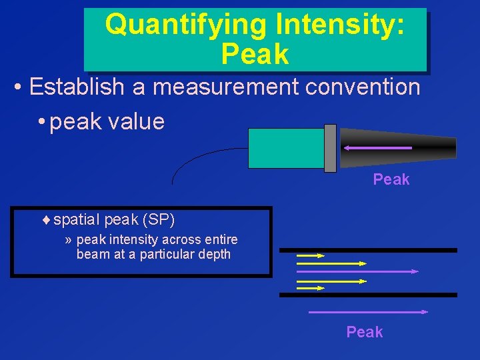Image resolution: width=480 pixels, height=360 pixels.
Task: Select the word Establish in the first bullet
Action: point(77,87)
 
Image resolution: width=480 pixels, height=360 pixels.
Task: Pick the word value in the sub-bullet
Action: point(139,121)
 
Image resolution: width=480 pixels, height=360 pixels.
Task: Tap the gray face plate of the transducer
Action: point(329,147)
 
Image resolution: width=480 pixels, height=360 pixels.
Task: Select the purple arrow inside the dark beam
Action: point(377,147)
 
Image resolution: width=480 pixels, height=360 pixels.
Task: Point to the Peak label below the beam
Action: point(391,179)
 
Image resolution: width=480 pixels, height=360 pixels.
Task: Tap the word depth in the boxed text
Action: point(215,254)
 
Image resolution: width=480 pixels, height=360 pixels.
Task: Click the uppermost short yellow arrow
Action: point(310,255)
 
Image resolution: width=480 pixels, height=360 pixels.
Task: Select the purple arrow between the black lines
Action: point(357,271)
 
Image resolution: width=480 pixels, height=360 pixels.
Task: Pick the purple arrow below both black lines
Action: point(367,311)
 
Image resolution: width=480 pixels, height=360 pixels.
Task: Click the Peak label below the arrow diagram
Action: point(365,332)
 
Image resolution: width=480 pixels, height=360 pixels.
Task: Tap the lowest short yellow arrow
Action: point(310,288)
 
